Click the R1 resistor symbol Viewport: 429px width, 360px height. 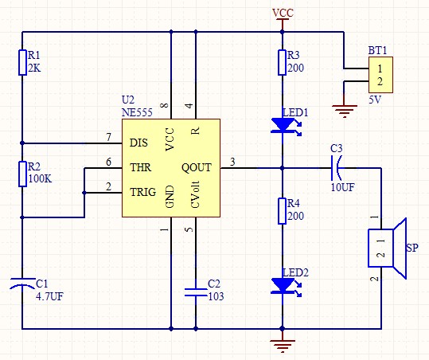click(22, 62)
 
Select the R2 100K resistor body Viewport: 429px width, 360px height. click(22, 174)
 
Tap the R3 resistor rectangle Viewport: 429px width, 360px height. click(282, 62)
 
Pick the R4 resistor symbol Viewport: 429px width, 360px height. click(282, 211)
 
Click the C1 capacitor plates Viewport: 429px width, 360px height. click(22, 284)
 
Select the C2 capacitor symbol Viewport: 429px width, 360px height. click(196, 292)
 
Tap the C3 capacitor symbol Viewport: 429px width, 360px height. click(336, 168)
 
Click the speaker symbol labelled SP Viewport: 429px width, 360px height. click(387, 248)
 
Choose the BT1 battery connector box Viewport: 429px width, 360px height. click(380, 75)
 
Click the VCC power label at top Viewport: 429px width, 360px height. click(283, 13)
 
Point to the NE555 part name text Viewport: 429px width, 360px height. click(137, 112)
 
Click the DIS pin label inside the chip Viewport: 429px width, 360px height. click(138, 143)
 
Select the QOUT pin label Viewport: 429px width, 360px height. click(197, 167)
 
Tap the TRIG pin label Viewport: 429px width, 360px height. click(142, 192)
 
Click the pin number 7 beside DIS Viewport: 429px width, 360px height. click(109, 137)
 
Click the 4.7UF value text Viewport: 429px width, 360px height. click(49, 296)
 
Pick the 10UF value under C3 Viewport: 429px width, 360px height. click(342, 187)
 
